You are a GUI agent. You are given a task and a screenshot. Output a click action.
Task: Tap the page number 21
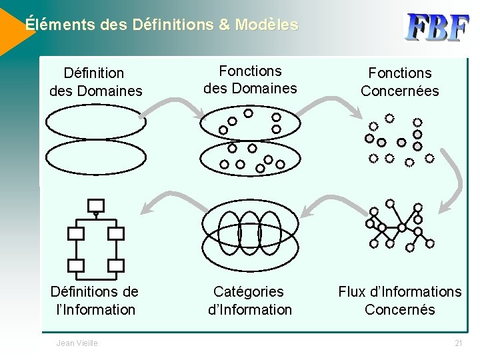coord(458,343)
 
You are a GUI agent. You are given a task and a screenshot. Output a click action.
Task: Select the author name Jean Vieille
coord(77,343)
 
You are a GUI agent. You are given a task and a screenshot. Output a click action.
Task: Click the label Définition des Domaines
coord(95,81)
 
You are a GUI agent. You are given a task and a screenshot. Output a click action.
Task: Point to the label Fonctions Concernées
coord(399,81)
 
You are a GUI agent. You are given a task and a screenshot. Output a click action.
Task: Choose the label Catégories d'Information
coord(249,300)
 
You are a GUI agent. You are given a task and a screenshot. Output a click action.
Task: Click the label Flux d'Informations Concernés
coord(399,300)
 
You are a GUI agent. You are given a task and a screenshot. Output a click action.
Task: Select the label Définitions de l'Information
coord(95,300)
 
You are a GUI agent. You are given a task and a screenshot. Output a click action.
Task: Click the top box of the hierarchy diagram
coord(96,205)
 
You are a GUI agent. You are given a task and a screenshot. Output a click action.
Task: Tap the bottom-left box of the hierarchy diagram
coord(76,265)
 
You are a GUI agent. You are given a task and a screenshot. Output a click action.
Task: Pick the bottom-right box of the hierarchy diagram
coord(116,265)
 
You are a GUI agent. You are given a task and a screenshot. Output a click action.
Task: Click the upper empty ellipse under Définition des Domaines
coord(95,122)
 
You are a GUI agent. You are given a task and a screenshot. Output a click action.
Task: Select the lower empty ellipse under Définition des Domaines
coord(95,157)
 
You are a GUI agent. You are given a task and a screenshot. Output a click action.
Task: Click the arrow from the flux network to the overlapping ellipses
coord(320,204)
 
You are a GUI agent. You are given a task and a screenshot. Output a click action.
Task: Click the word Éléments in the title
coord(59,25)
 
